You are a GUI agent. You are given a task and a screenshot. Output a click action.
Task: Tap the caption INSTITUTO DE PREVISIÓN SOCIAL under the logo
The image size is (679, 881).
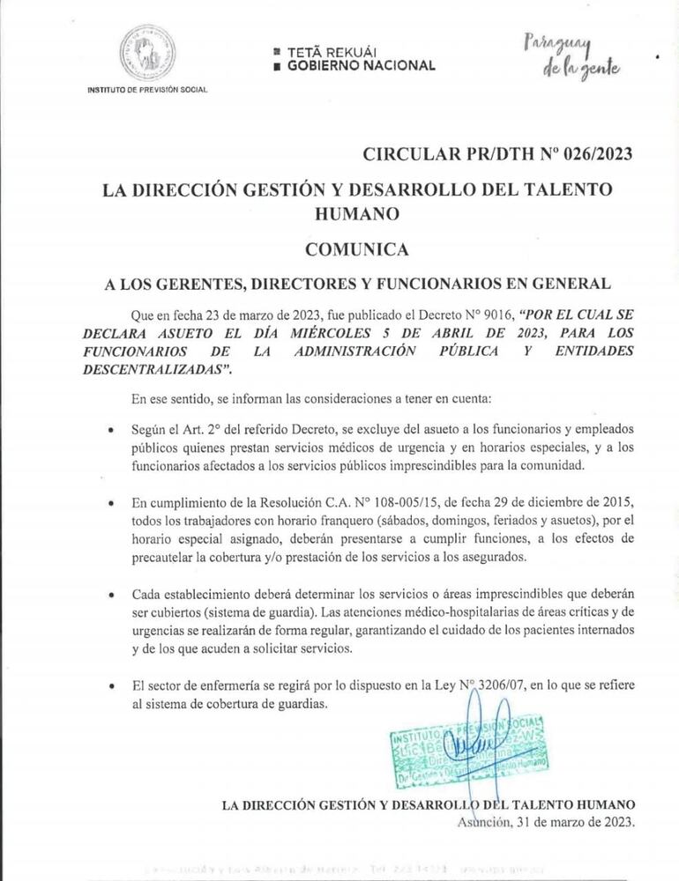[x=146, y=92]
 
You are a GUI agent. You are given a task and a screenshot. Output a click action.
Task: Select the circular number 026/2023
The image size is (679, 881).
[x=588, y=155]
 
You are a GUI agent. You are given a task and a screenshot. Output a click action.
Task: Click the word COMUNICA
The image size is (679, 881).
[x=356, y=249]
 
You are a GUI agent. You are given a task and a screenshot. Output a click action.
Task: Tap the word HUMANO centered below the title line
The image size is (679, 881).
[x=356, y=212]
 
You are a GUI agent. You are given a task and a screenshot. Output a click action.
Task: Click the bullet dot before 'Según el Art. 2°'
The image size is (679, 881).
[x=109, y=433]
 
